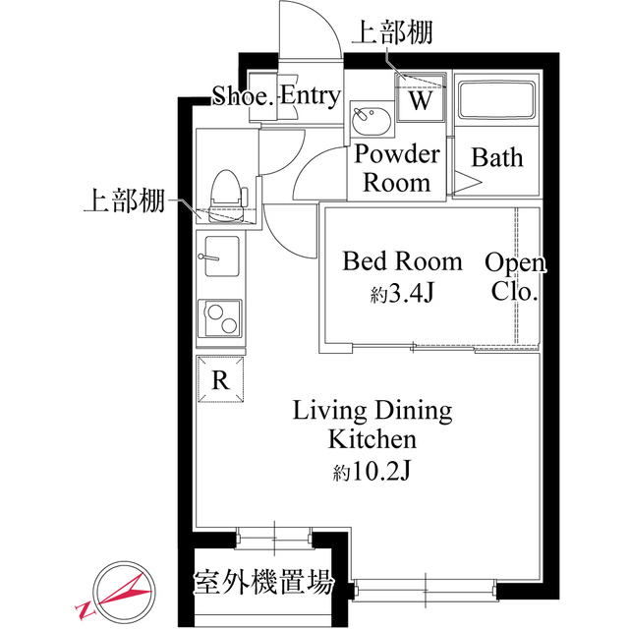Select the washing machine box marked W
[x=421, y=99]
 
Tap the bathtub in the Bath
[x=496, y=101]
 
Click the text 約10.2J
[x=372, y=471]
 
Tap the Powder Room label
[x=397, y=168]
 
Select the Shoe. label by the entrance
[x=243, y=96]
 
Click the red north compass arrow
[x=122, y=592]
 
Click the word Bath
[x=497, y=158]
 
